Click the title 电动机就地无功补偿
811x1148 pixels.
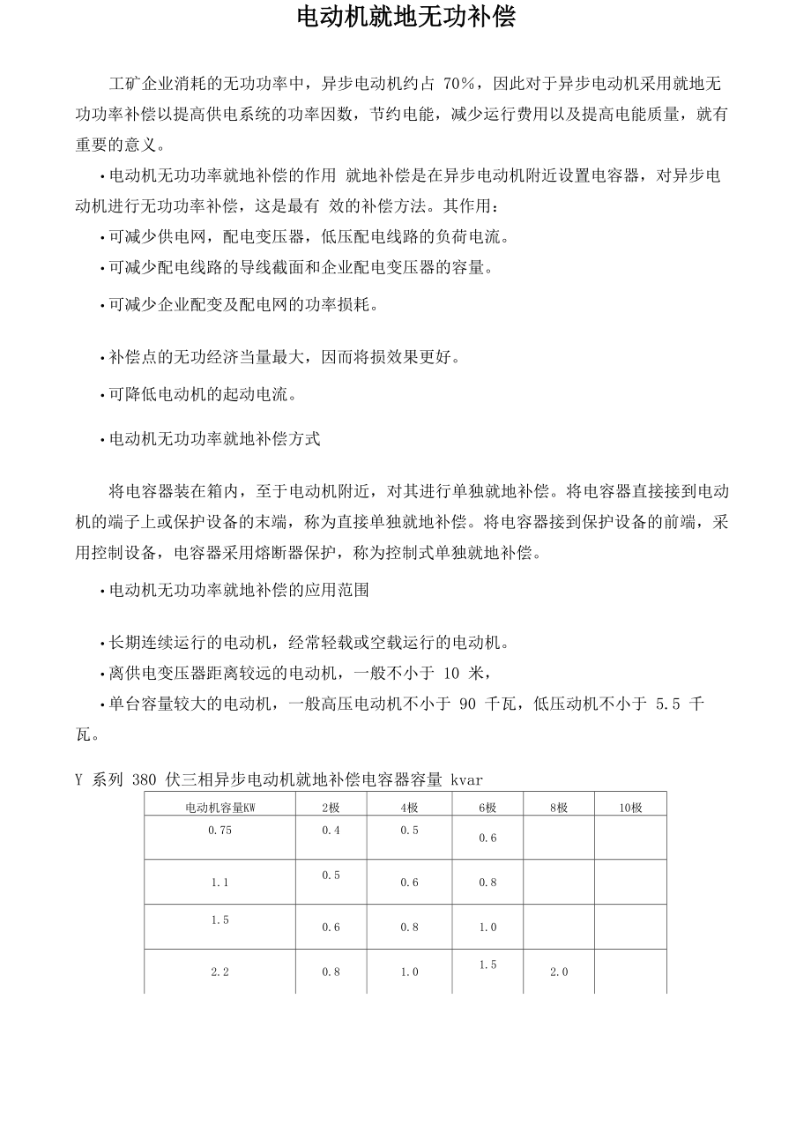click(x=405, y=18)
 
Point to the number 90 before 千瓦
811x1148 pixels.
click(x=468, y=704)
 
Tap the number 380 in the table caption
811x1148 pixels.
click(x=143, y=779)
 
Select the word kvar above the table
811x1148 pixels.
click(x=467, y=779)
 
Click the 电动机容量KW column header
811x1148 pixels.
click(x=219, y=807)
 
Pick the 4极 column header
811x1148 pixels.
click(x=409, y=807)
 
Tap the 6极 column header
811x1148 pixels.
click(x=487, y=807)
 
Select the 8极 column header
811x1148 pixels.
click(x=558, y=807)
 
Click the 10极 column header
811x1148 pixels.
click(x=630, y=807)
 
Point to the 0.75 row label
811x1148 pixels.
click(x=219, y=830)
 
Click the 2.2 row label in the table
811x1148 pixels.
click(x=219, y=972)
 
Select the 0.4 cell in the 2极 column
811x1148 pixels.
click(x=331, y=830)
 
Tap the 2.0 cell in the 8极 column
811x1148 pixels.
click(x=559, y=972)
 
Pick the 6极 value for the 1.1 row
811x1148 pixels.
click(x=487, y=883)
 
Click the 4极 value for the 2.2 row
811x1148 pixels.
click(x=409, y=972)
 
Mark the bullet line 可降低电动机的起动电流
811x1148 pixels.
click(x=202, y=395)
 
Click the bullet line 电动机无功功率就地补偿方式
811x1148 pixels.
click(x=214, y=438)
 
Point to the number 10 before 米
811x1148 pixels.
click(x=451, y=674)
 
